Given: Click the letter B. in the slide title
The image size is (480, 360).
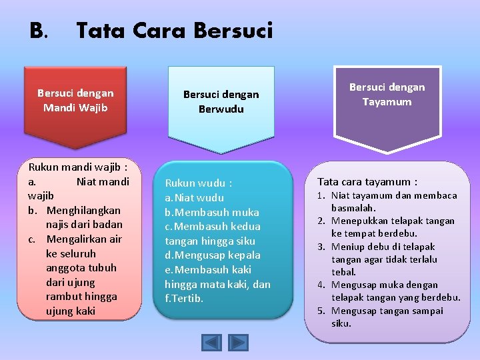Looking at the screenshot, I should [39, 31].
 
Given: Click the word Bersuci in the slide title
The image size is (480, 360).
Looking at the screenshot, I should [233, 31].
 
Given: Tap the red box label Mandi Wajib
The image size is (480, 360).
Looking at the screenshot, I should [75, 107].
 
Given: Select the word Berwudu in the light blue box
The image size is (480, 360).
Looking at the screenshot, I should [221, 109].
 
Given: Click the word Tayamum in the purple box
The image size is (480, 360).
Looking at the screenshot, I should [387, 102].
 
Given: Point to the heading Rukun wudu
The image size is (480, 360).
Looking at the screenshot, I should [199, 183].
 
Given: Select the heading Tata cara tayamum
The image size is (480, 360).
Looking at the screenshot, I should [367, 181].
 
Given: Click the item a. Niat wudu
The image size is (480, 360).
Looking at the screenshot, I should [195, 197].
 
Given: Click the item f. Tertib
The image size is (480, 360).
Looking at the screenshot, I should [185, 298].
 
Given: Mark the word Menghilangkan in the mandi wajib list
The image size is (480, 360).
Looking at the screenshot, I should [83, 210].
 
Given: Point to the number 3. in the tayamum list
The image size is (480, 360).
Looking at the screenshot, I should [320, 247].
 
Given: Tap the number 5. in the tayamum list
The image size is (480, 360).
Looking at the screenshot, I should [320, 311].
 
